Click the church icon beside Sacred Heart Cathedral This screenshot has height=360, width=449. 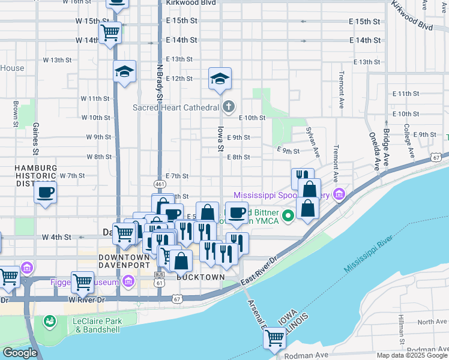coord(228,107)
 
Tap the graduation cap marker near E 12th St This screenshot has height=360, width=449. coord(220,79)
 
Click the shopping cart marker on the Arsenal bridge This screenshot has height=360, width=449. coord(274,338)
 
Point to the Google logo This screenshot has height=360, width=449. coord(20,353)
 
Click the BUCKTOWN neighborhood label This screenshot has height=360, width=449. coord(200,278)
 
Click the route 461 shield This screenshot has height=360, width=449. coord(159,183)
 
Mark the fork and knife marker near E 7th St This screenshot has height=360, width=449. coord(303,178)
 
